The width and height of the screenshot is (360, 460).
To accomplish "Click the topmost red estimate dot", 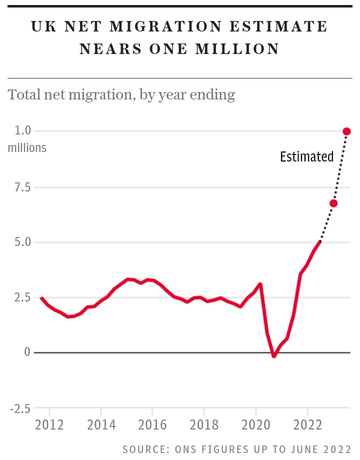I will point(346,131).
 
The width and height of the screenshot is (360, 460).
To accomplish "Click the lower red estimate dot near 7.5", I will point(333,203).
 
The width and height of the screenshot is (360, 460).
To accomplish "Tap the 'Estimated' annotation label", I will point(306,157).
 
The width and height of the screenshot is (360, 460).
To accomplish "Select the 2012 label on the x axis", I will point(49,425).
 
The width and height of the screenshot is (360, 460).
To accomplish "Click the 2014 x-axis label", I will point(101,425).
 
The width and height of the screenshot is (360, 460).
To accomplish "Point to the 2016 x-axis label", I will point(152,425).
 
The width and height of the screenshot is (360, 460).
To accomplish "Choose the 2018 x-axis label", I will point(204,425).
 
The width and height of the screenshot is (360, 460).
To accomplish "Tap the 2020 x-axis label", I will point(255,425).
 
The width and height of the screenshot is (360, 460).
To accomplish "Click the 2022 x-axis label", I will point(307,425).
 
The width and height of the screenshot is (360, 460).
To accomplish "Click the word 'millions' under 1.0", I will point(27,148).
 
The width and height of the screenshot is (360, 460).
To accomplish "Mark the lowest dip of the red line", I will point(273,356).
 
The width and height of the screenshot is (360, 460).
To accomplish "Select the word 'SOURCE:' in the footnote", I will point(145,449).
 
